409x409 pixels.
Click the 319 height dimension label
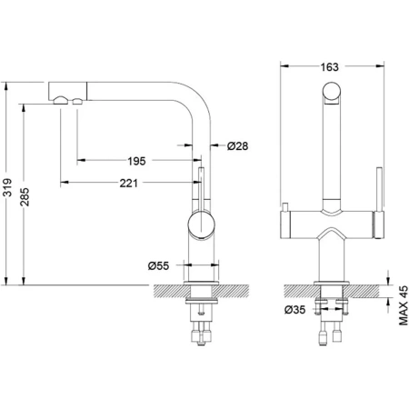[x=8, y=187]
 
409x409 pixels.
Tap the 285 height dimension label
[x=25, y=197]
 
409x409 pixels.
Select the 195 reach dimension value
[x=136, y=161]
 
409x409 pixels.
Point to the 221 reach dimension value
[x=128, y=183]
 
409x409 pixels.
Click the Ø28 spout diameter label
[x=238, y=146]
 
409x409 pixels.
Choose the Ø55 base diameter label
[x=158, y=265]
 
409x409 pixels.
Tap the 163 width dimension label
[x=329, y=67]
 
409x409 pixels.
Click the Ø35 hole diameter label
[x=294, y=310]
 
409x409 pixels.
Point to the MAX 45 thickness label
[x=403, y=305]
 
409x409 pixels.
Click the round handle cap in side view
[x=201, y=225]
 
